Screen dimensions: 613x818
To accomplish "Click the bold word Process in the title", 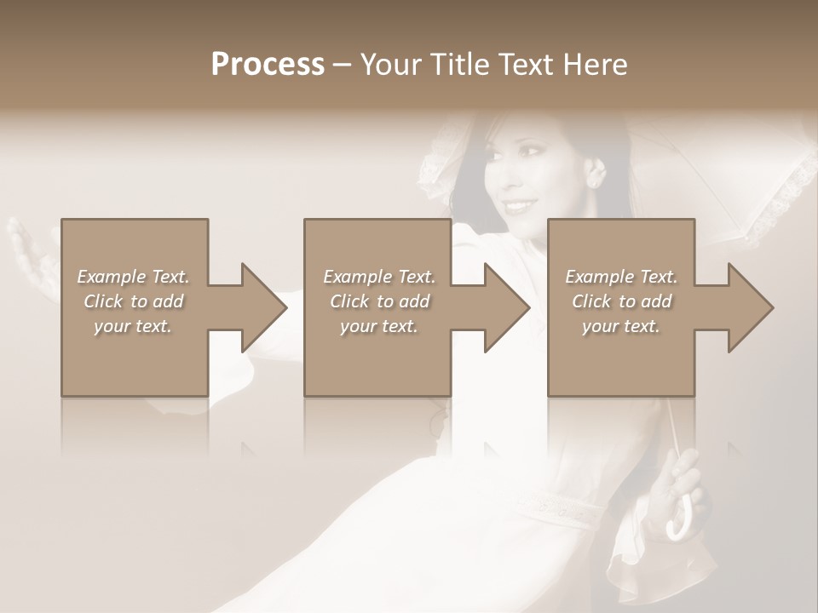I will click(268, 64).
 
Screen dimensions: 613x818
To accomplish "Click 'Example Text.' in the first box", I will click(133, 277).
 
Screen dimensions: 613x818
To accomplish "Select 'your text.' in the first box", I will click(133, 326).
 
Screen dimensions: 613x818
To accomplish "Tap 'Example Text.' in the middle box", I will click(379, 277).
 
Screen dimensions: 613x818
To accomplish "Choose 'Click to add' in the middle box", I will click(379, 301).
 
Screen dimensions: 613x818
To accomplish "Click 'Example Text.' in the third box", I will click(621, 277).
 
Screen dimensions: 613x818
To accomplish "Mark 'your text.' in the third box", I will click(621, 326).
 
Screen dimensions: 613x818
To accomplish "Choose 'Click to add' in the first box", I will click(133, 301).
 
